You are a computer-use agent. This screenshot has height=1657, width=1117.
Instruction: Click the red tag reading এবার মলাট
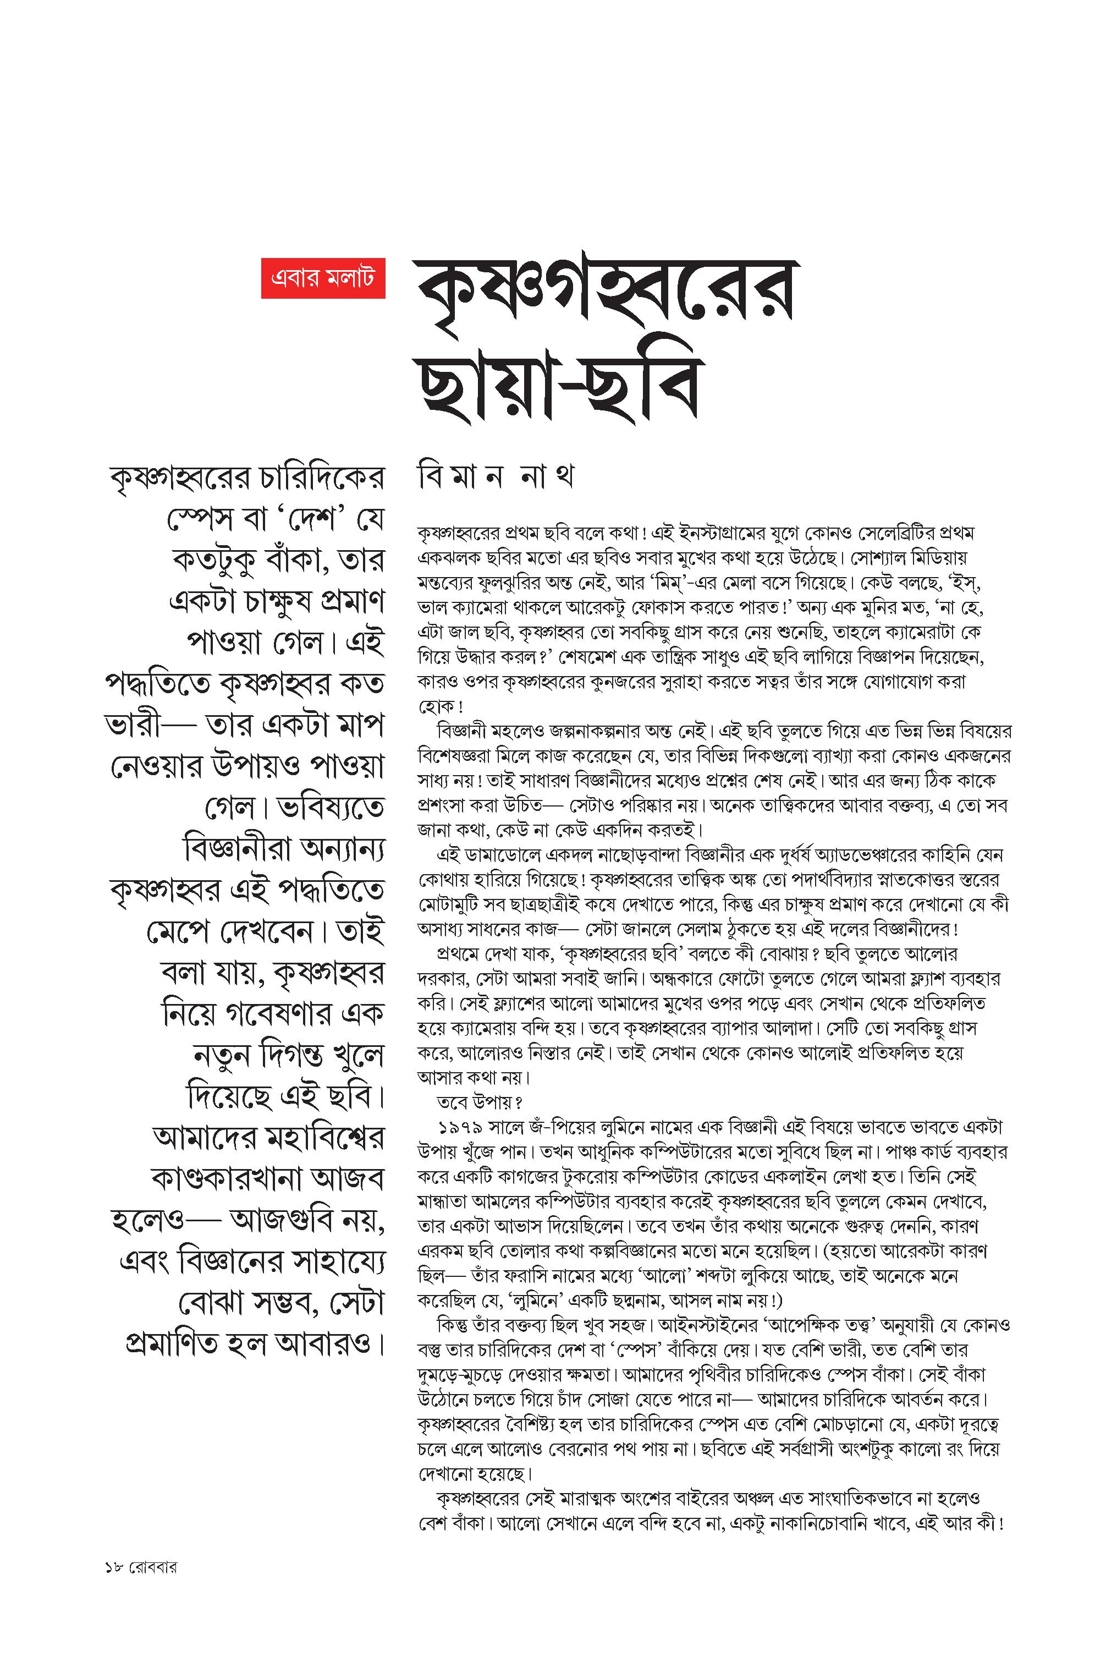[x=323, y=278]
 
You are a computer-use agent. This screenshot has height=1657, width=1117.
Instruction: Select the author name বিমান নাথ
[x=496, y=476]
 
